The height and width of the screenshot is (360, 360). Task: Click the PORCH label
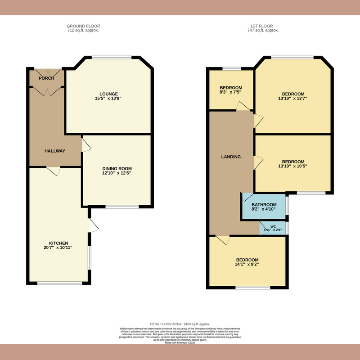click(46, 78)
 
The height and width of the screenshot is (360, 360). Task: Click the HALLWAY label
click(55, 151)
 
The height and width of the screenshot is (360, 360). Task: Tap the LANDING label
click(231, 157)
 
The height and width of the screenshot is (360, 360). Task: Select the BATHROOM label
click(264, 205)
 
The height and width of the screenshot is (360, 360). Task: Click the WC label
click(273, 226)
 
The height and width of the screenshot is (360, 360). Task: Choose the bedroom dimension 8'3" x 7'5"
click(231, 92)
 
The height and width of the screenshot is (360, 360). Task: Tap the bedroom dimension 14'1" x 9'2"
click(247, 265)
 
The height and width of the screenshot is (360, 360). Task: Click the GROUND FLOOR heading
click(83, 27)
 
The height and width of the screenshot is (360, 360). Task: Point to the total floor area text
click(180, 324)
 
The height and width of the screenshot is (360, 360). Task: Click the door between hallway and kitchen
click(54, 171)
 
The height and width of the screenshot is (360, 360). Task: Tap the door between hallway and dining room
click(85, 145)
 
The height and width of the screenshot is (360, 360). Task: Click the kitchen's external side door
click(93, 225)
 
